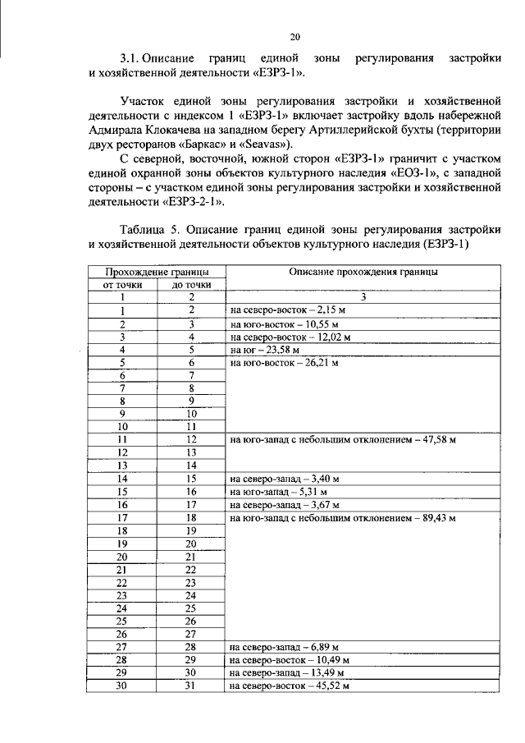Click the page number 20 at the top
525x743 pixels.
pyautogui.click(x=295, y=36)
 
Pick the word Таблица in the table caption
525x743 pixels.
pyautogui.click(x=141, y=231)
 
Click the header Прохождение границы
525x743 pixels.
pyautogui.click(x=156, y=272)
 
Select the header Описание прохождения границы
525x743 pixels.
pyautogui.click(x=363, y=272)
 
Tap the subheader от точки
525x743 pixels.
pyautogui.click(x=122, y=285)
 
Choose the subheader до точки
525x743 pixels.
pyautogui.click(x=190, y=285)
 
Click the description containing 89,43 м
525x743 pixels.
pyautogui.click(x=342, y=518)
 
